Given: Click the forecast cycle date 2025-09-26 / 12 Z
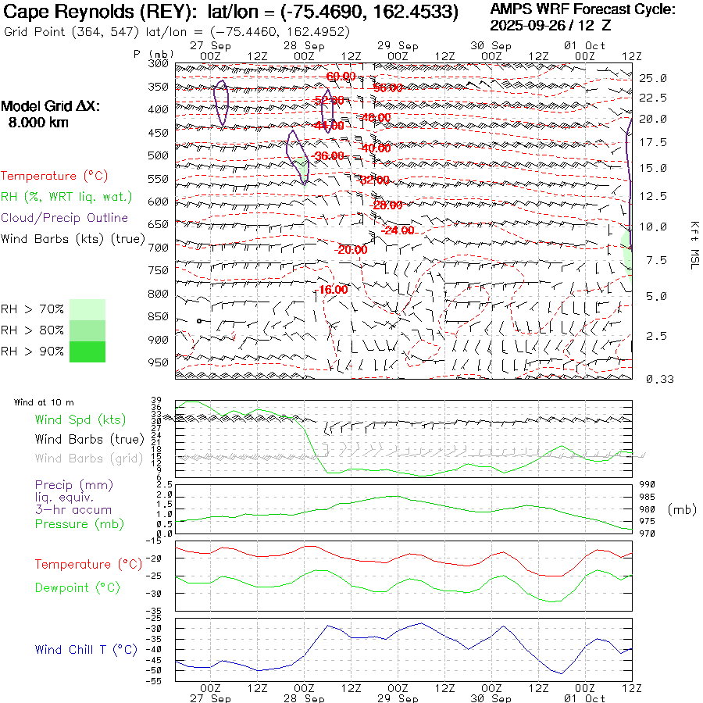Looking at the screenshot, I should pyautogui.click(x=551, y=25).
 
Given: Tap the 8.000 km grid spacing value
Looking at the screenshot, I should pyautogui.click(x=38, y=123).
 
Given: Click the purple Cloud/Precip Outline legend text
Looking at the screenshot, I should pyautogui.click(x=65, y=218).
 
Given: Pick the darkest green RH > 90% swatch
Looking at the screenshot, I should pyautogui.click(x=87, y=351).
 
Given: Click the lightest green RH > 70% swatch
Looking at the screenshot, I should pyautogui.click(x=87, y=309).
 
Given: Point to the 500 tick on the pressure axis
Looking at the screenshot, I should pyautogui.click(x=159, y=155).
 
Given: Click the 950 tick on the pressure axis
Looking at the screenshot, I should pyautogui.click(x=159, y=362).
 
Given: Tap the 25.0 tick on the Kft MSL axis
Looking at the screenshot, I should pyautogui.click(x=652, y=78).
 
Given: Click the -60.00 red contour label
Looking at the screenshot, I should pyautogui.click(x=341, y=77).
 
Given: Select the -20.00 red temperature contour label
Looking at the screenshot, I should pyautogui.click(x=351, y=250).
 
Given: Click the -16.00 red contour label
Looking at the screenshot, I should pyautogui.click(x=334, y=289).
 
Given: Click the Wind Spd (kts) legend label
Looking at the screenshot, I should pyautogui.click(x=80, y=420).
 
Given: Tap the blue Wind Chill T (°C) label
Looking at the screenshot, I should pyautogui.click(x=86, y=650).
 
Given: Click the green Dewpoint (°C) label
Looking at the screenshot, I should pyautogui.click(x=77, y=587).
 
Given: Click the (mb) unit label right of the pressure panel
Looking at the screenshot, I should pyautogui.click(x=681, y=509).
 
